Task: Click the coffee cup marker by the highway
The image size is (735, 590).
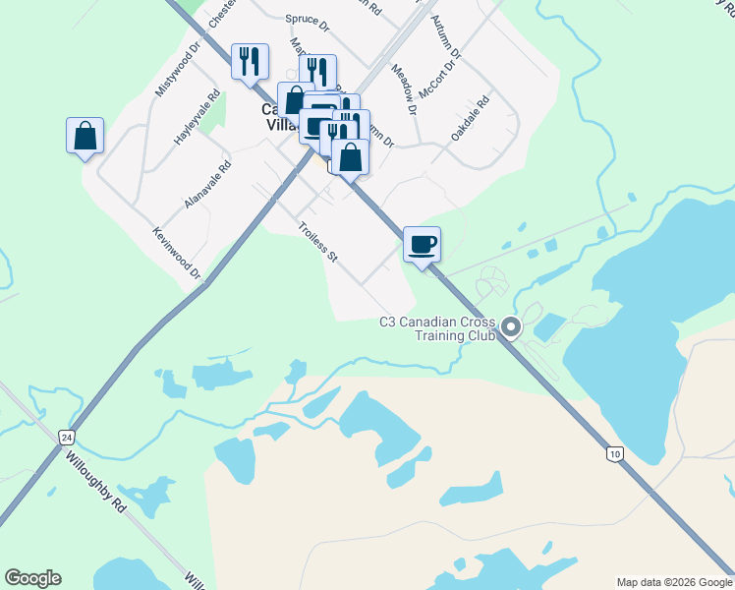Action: tap(422, 245)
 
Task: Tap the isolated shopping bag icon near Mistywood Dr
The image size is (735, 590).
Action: tap(85, 136)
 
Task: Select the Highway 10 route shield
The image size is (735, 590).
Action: tap(614, 453)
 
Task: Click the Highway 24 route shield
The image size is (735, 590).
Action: tap(66, 436)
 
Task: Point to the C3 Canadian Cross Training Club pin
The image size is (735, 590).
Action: tap(510, 326)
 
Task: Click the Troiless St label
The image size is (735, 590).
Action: tap(317, 242)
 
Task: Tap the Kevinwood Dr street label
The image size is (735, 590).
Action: tap(177, 253)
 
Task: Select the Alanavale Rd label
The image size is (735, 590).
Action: tap(207, 185)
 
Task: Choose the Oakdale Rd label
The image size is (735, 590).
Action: tap(470, 118)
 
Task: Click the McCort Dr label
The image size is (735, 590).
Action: tap(438, 79)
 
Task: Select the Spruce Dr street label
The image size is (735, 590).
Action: tap(307, 19)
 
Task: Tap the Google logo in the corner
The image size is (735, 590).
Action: tap(32, 578)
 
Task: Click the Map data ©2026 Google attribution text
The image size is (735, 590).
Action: tap(673, 582)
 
